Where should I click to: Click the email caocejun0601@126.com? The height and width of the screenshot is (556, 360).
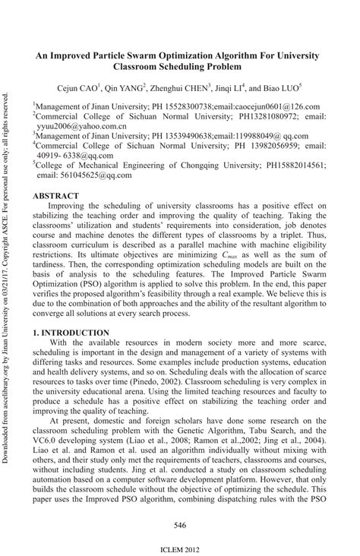[x=270, y=107]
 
